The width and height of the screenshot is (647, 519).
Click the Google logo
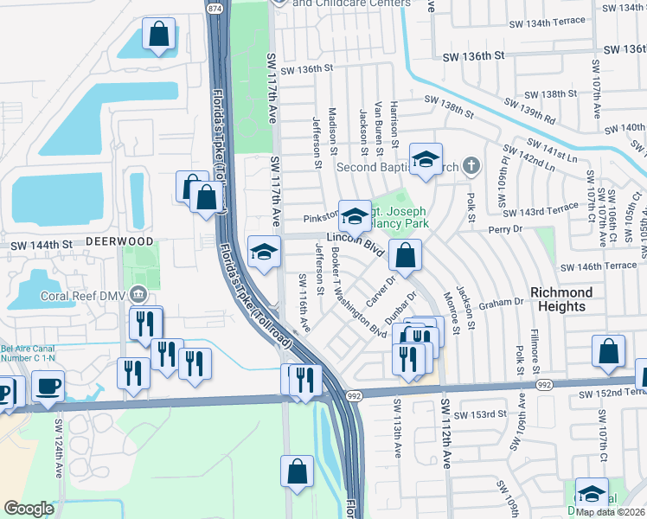click(29, 509)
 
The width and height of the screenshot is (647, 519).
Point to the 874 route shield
click(215, 8)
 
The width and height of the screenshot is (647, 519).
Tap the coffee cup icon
click(48, 385)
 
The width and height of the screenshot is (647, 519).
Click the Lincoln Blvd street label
click(355, 246)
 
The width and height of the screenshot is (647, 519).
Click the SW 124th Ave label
click(60, 445)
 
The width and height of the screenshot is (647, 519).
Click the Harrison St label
click(394, 122)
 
